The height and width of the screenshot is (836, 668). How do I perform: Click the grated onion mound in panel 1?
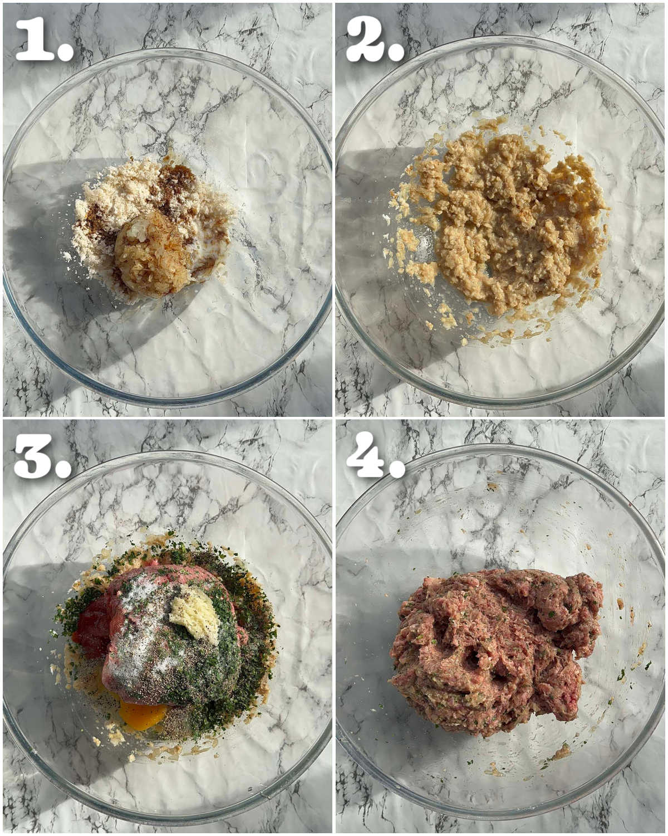click(x=155, y=252)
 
